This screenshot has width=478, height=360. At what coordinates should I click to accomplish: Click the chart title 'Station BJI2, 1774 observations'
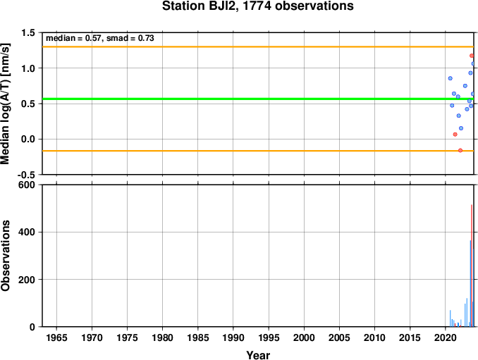click(257, 6)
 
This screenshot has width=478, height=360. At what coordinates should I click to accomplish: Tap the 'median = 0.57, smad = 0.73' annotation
click(100, 38)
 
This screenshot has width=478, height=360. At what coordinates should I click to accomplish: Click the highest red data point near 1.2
click(472, 56)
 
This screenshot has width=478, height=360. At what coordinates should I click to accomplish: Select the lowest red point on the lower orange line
click(460, 150)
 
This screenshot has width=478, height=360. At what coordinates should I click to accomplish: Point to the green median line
click(258, 99)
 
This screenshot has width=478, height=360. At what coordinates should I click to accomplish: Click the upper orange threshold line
click(258, 46)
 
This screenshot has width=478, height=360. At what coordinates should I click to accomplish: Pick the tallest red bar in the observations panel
click(472, 266)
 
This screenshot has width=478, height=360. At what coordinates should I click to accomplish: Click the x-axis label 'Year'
click(258, 355)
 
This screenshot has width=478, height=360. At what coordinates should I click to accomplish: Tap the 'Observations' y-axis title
click(6, 256)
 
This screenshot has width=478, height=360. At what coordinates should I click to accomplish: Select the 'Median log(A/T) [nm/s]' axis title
click(6, 104)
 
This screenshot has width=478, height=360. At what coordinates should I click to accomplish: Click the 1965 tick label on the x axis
click(56, 337)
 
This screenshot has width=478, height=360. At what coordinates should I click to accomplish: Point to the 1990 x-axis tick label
click(233, 337)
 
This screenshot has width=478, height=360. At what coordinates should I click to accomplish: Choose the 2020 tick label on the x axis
click(445, 337)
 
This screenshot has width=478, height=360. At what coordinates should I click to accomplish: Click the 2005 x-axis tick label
click(339, 337)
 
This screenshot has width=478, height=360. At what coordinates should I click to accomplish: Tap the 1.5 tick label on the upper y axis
click(28, 33)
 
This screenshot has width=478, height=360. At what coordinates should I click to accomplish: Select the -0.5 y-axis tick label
click(26, 175)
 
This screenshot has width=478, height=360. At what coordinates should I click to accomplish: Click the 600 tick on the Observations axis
click(27, 185)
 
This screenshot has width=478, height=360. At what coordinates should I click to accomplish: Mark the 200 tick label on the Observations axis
click(27, 280)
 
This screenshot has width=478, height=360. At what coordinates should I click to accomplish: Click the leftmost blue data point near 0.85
click(451, 78)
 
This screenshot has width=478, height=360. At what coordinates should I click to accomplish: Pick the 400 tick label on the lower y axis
click(27, 232)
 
